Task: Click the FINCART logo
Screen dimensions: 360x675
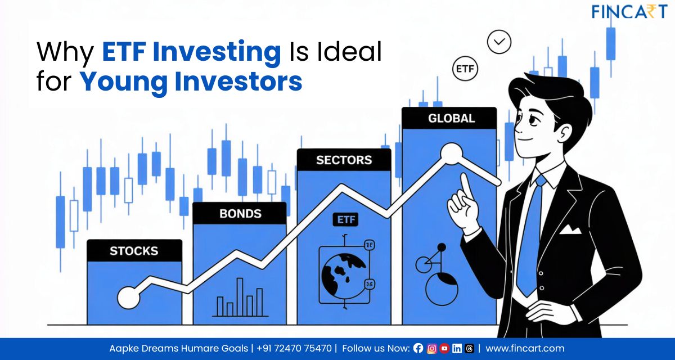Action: (x=628, y=11)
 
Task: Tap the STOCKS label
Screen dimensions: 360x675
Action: (x=134, y=251)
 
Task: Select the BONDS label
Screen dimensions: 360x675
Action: (x=240, y=214)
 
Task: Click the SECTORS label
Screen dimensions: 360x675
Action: (x=344, y=160)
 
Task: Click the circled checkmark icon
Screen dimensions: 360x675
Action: (x=499, y=42)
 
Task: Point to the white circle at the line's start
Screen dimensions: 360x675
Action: (x=128, y=297)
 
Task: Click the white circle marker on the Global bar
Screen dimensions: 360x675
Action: (x=451, y=153)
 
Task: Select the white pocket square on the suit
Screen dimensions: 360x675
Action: (x=570, y=229)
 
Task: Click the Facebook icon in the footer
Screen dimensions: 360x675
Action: (x=418, y=348)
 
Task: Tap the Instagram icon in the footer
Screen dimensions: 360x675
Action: (x=431, y=348)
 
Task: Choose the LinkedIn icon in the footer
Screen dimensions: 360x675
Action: (x=457, y=348)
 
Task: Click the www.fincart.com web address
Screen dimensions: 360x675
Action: (x=525, y=348)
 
